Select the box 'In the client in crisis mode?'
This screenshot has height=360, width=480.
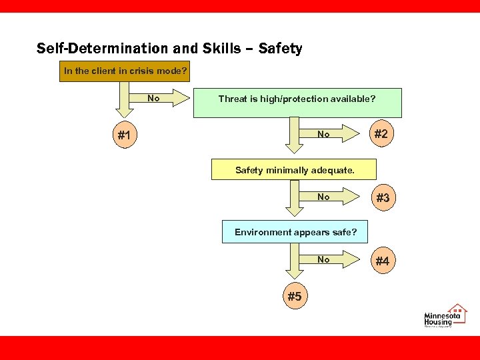pyautogui.click(x=125, y=71)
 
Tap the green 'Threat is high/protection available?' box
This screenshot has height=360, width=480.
pyautogui.click(x=297, y=103)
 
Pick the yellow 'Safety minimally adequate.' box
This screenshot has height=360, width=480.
pyautogui.click(x=294, y=169)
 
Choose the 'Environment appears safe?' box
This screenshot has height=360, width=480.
pyautogui.click(x=295, y=232)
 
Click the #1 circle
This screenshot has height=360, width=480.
pyautogui.click(x=124, y=135)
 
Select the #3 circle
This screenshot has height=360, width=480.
pyautogui.click(x=382, y=198)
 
